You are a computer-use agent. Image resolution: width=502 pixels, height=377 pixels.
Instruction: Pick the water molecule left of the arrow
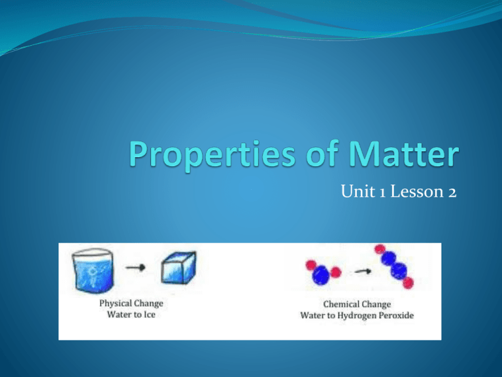320,270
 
